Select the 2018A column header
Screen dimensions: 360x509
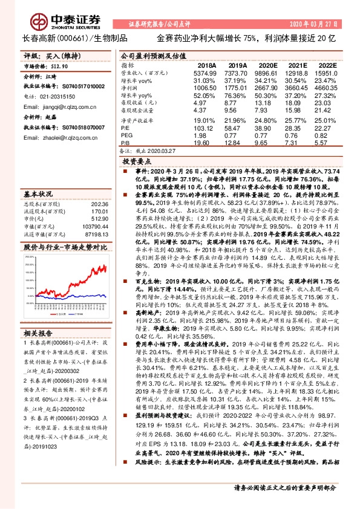coord(207,65)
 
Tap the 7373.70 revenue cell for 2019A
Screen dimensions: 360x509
coord(237,72)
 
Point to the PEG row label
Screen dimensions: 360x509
coord(126,135)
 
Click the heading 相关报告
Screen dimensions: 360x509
coord(38,333)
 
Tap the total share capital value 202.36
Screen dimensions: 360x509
coord(100,204)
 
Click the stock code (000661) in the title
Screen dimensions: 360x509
coord(71,38)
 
